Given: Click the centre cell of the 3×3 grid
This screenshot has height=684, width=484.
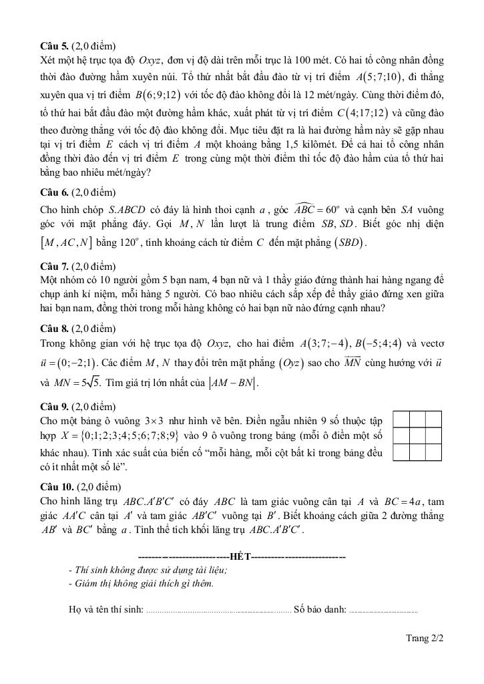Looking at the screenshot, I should tap(417, 436).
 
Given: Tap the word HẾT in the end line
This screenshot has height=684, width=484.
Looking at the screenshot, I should tap(240, 556).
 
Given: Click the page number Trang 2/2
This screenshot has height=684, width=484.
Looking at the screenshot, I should tap(425, 638).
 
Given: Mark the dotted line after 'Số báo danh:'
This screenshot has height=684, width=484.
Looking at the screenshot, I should tap(383, 610).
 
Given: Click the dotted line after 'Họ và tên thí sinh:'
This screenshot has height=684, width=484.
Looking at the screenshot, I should tap(218, 610).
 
